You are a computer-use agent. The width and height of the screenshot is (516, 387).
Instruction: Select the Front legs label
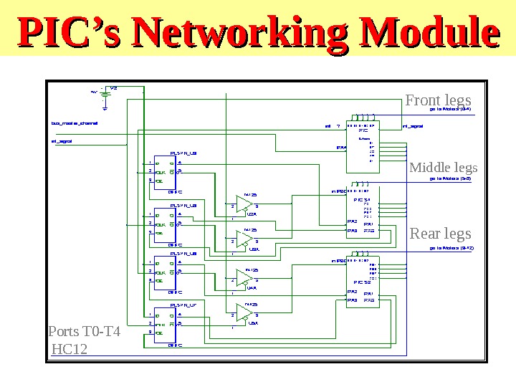439,100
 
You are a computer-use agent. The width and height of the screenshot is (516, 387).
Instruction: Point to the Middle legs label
443,168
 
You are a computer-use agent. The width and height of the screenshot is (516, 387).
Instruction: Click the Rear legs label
440,234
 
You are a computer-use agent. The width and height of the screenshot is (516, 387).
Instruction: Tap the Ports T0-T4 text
84,333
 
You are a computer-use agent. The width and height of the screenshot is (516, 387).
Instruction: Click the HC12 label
70,349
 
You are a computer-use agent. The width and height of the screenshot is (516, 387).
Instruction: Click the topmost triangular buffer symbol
244,204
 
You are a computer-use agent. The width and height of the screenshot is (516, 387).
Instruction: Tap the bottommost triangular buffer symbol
244,313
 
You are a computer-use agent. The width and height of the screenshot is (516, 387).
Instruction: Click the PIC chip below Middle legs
363,214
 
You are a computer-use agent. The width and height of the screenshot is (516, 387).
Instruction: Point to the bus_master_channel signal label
75,123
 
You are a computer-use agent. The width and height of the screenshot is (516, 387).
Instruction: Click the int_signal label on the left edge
62,141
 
